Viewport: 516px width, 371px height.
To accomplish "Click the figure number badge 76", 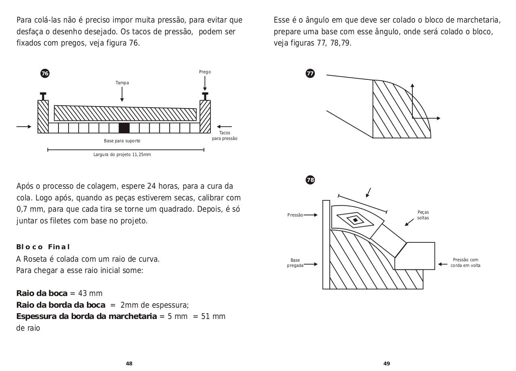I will click(x=45, y=73).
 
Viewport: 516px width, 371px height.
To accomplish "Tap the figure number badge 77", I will click(x=310, y=73).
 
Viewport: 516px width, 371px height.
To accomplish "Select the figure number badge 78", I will click(x=310, y=180).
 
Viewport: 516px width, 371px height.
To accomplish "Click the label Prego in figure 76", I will click(x=205, y=72).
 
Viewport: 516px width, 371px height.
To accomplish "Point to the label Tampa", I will click(x=122, y=83).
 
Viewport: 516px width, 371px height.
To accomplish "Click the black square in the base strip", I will click(x=124, y=128).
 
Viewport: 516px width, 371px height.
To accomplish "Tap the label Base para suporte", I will click(x=122, y=141).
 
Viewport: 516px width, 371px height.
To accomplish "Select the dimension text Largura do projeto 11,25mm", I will click(x=122, y=154).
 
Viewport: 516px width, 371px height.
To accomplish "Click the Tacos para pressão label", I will click(x=225, y=135).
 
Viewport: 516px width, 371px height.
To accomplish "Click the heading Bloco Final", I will click(x=43, y=247).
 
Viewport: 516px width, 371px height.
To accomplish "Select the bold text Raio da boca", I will click(x=42, y=293).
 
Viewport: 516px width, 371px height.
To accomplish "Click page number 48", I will click(x=129, y=363).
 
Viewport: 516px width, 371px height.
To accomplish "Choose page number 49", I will click(x=387, y=363).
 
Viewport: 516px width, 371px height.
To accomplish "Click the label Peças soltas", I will click(x=423, y=215).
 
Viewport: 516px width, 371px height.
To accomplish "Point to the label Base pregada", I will click(x=295, y=263).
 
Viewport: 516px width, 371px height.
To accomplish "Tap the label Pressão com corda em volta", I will click(x=465, y=263).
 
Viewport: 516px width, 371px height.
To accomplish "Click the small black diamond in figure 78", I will click(x=355, y=220).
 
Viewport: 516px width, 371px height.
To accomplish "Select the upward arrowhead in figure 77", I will click(x=412, y=86).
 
